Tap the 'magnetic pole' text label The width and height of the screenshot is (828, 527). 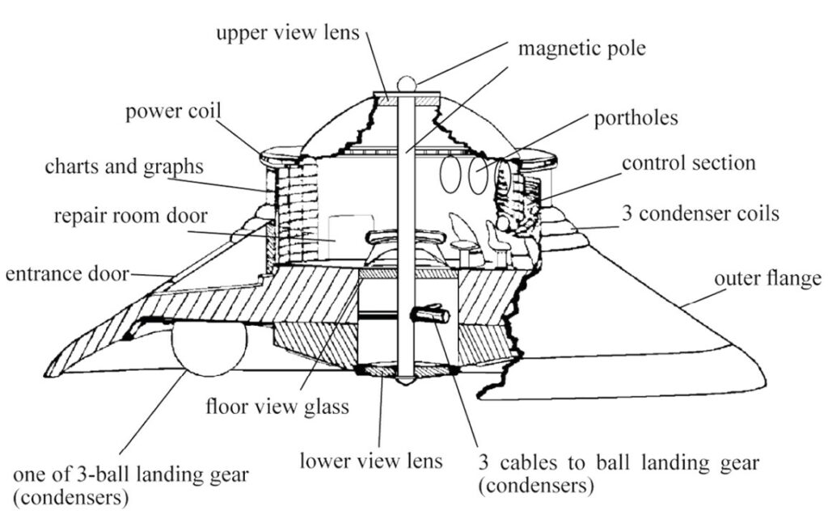[582, 48]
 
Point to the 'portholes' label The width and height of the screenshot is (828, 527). [636, 118]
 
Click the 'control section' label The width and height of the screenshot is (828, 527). [688, 162]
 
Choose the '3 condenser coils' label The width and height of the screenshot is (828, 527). [700, 214]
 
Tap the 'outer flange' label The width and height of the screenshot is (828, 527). [767, 279]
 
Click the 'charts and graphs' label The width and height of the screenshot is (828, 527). [124, 167]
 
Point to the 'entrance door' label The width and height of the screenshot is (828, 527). [67, 274]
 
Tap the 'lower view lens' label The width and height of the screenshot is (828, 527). [371, 461]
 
